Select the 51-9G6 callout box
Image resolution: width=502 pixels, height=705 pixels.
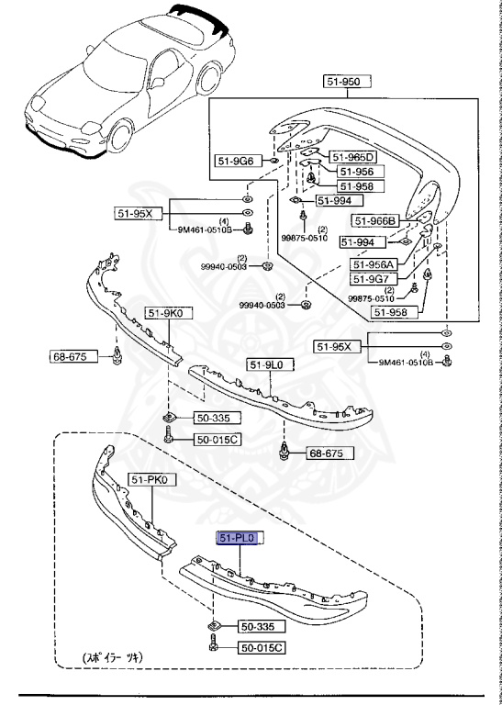pyautogui.click(x=236, y=161)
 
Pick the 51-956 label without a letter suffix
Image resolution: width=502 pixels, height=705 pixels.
pyautogui.click(x=354, y=172)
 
